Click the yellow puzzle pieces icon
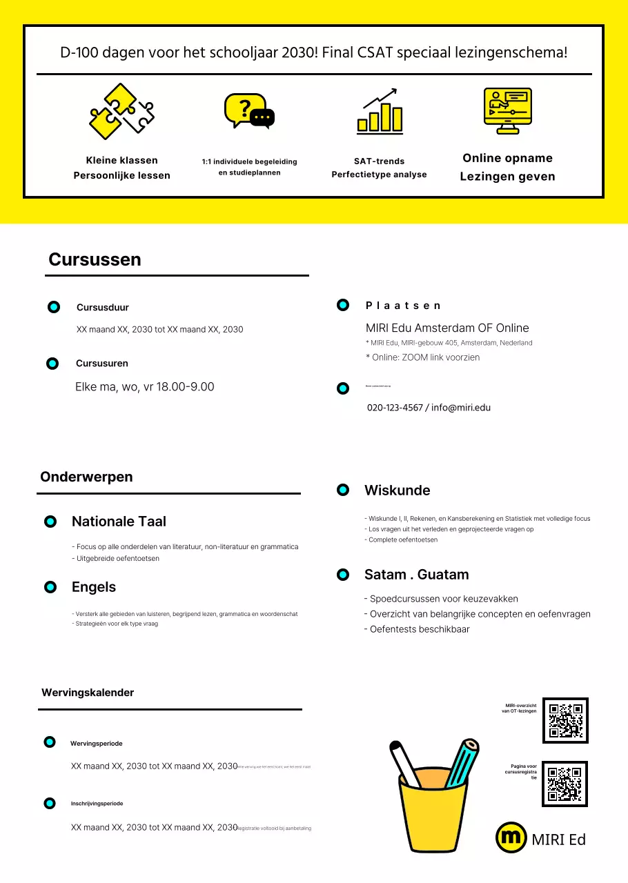121,111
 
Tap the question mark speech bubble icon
249,111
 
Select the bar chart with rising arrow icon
380,111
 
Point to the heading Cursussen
95,259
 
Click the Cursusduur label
102,308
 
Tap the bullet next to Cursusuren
52,364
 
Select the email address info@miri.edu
461,408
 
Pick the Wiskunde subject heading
397,490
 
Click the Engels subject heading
94,587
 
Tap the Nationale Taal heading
119,522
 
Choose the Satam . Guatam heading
416,575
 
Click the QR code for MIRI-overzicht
565,720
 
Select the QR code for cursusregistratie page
565,784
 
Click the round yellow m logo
511,837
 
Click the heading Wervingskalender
88,692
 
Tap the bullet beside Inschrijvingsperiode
50,803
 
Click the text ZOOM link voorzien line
422,357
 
